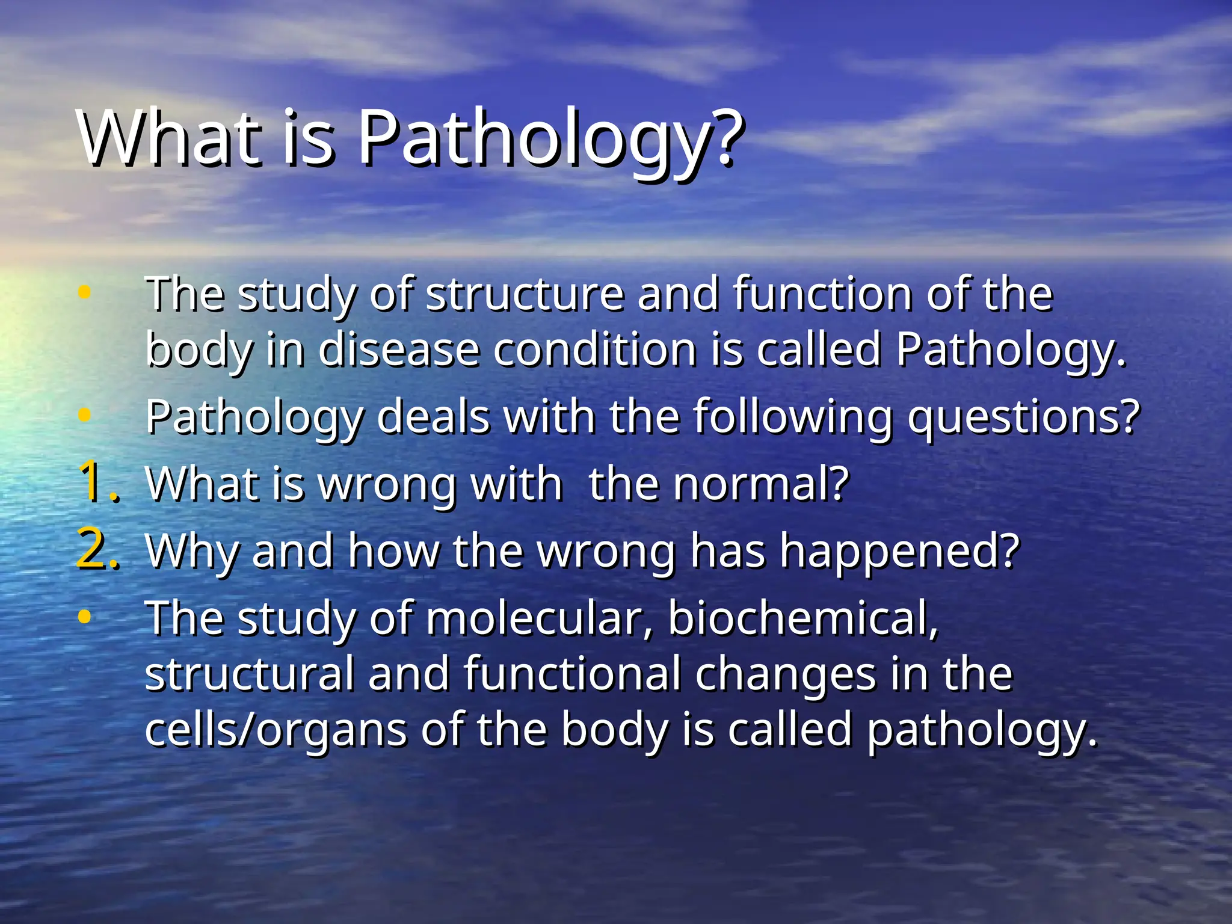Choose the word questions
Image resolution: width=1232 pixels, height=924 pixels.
tap(1023, 416)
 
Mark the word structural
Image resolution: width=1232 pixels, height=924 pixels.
tap(249, 674)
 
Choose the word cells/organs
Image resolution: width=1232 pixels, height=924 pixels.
tap(276, 730)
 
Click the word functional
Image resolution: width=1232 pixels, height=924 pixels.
tap(572, 674)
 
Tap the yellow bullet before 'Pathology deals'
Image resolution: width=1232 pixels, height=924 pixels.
tap(85, 414)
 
